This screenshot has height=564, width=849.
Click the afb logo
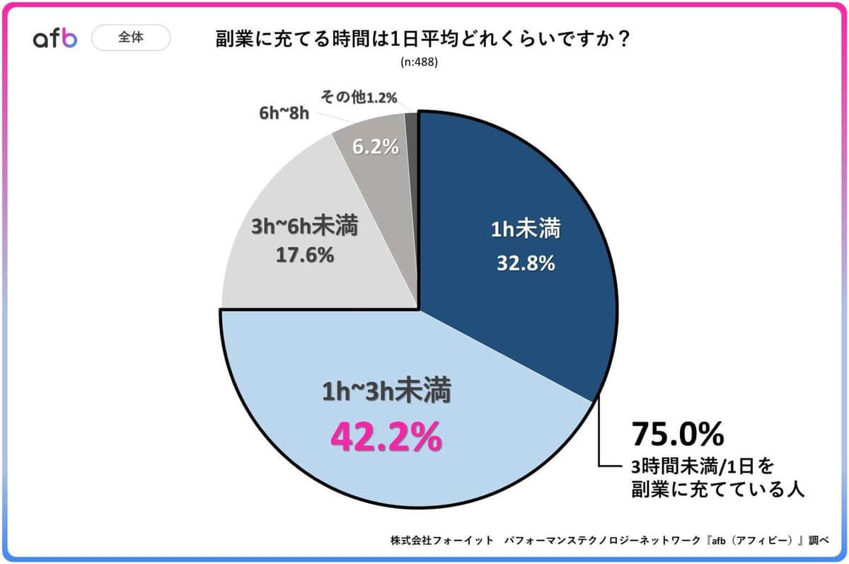point(54,39)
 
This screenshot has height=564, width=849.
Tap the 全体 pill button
point(131,38)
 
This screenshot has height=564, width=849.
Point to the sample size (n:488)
point(420,62)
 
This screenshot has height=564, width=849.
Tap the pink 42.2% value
point(386,437)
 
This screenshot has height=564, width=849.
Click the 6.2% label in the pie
point(375,148)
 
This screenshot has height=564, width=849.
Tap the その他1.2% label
point(359,96)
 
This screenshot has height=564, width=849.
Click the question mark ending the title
point(623,40)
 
